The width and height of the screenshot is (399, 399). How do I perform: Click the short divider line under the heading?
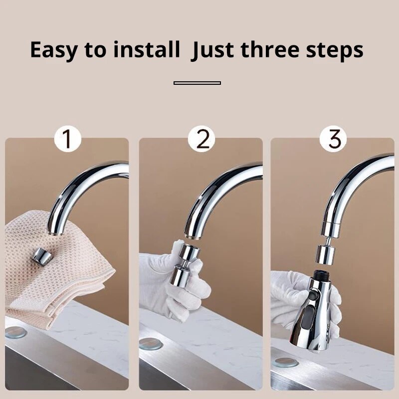pos(197,83)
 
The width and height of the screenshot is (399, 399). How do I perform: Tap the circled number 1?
pos(67,139)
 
